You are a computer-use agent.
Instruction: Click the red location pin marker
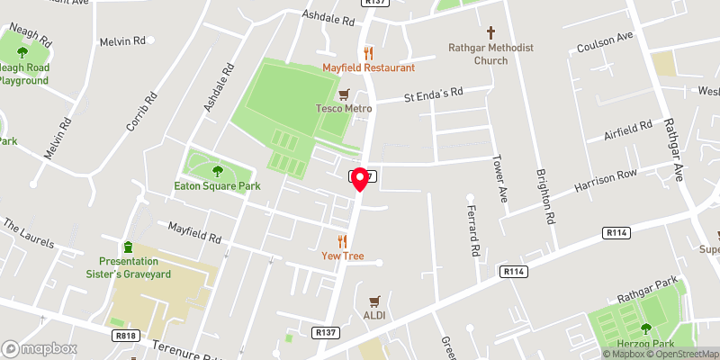pyautogui.click(x=360, y=179)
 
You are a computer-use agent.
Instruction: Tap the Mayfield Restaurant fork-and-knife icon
pyautogui.click(x=367, y=52)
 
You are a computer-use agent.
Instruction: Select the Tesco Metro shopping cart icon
pyautogui.click(x=343, y=94)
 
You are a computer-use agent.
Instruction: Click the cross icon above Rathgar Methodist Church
pyautogui.click(x=490, y=31)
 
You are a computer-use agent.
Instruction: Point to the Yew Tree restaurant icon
pyautogui.click(x=342, y=240)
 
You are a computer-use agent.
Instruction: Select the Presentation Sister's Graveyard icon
pyautogui.click(x=128, y=247)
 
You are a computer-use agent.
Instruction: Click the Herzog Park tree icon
pyautogui.click(x=645, y=328)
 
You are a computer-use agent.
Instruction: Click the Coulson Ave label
pyautogui.click(x=606, y=40)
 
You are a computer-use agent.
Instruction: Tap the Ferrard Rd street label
pyautogui.click(x=472, y=229)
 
